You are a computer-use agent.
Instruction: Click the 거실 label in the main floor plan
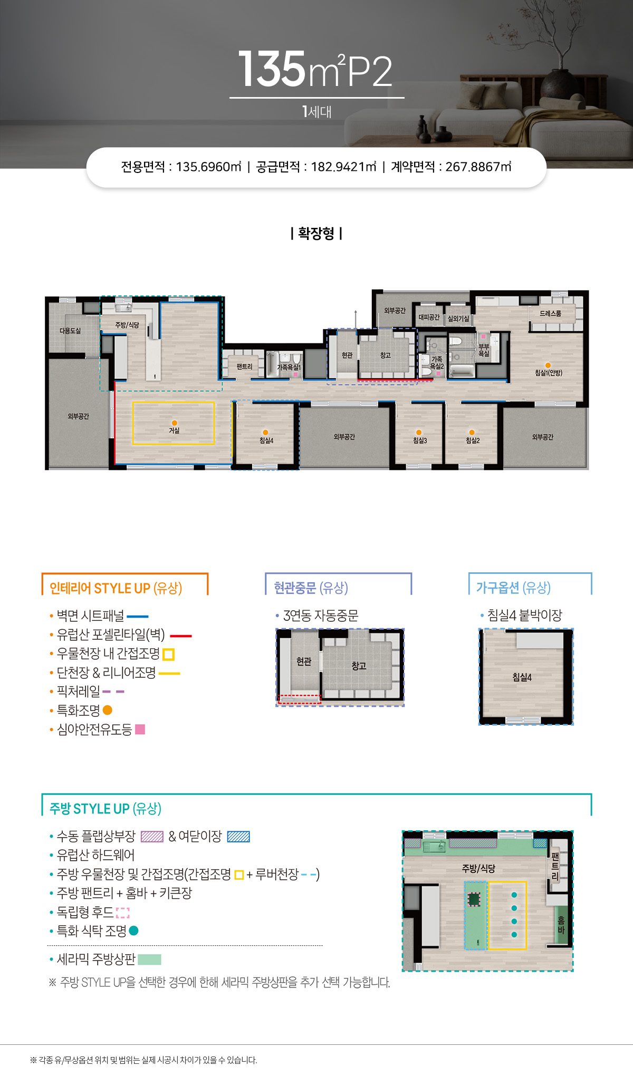pos(174,430)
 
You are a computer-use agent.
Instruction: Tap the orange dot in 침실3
pos(419,433)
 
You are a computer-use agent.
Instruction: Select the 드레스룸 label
pos(550,313)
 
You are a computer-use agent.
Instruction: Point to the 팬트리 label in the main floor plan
pos(244,367)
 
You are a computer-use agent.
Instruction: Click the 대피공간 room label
pos(429,317)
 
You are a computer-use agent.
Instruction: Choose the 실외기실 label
pos(458,319)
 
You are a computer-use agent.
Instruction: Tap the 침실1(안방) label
pos(549,372)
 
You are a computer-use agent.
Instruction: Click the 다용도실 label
pos(70,331)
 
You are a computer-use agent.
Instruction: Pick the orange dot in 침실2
pos(472,433)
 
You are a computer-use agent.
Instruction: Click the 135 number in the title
pos(272,69)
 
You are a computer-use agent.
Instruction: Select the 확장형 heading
pos(316,233)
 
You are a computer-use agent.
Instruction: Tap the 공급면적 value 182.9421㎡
pos(343,167)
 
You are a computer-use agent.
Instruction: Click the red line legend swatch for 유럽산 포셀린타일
pos(181,636)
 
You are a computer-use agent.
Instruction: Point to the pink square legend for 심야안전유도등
pos(140,729)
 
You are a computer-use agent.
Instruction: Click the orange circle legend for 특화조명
pos(108,710)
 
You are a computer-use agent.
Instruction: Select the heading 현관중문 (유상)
pos(311,588)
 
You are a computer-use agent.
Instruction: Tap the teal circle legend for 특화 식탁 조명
pos(133,931)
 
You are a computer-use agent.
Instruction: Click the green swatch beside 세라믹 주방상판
pos(149,959)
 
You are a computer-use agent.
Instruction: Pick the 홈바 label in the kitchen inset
pos(561,925)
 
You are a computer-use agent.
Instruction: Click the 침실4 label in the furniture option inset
pos(522,677)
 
